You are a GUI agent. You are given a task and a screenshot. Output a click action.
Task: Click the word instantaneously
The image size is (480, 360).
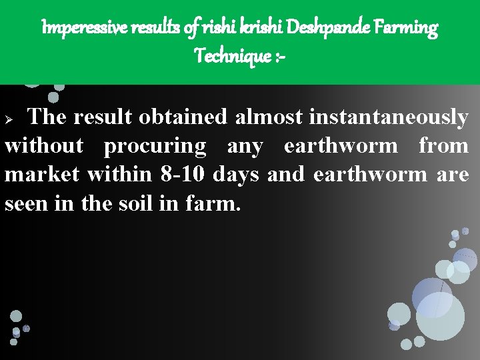[x=388, y=117]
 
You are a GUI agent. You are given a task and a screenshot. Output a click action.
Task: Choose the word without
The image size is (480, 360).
[x=44, y=146]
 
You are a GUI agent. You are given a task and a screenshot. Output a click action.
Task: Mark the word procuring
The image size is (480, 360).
[x=155, y=146]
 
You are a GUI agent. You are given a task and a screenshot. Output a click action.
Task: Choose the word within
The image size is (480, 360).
[x=119, y=175]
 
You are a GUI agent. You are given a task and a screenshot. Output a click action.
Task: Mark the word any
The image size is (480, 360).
[x=245, y=146]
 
